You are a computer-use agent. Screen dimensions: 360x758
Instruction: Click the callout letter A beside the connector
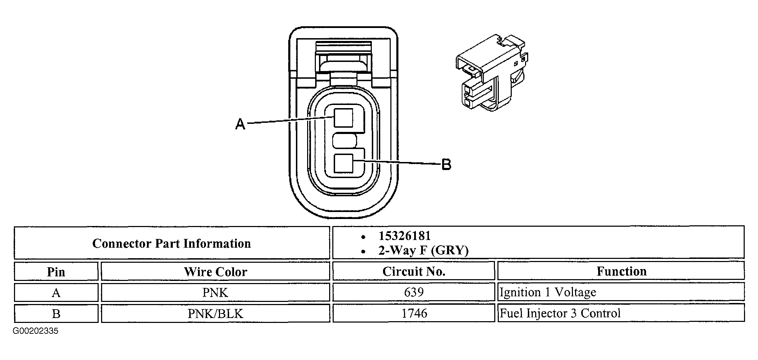(240, 124)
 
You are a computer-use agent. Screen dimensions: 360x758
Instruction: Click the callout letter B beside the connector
(446, 164)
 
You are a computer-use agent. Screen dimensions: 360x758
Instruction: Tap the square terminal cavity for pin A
(343, 118)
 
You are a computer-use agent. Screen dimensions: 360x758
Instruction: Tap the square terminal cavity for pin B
(343, 163)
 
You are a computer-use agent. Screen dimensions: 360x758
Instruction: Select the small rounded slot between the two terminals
(344, 141)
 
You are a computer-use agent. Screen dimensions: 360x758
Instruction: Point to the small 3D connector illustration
(491, 72)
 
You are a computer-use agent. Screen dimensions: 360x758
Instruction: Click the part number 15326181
(404, 236)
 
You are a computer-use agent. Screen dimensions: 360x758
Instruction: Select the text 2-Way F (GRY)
(423, 250)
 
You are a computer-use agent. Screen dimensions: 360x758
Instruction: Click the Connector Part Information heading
(171, 243)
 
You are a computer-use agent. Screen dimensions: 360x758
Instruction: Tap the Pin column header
(56, 272)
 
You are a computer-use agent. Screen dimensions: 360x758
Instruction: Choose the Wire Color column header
(215, 272)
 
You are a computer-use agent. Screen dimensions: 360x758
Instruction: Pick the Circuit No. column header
(413, 271)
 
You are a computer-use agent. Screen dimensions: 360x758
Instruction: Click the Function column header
(621, 271)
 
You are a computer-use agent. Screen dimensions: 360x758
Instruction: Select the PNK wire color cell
(215, 292)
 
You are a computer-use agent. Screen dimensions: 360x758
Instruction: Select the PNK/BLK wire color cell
(215, 313)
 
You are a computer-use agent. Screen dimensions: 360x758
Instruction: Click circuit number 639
(414, 292)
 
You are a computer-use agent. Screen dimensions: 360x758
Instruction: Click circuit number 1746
(414, 313)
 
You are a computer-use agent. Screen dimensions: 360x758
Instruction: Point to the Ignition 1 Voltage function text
(548, 292)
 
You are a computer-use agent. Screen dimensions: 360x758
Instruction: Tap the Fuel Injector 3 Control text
(560, 313)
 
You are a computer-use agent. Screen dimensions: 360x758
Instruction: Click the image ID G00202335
(36, 331)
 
